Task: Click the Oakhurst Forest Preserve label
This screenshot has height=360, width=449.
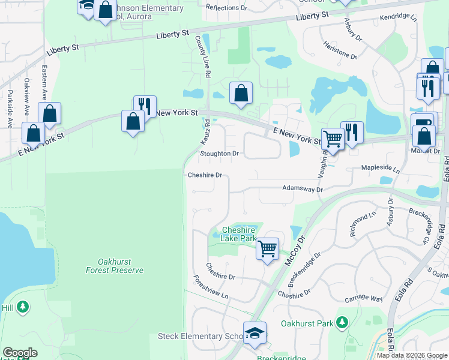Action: pos(121,266)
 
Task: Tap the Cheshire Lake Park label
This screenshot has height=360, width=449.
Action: pos(239,234)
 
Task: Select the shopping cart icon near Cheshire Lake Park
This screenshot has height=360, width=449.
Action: pos(267,247)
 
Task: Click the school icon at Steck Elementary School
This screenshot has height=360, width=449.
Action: pos(255,333)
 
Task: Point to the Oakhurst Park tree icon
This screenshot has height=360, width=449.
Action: pos(342,323)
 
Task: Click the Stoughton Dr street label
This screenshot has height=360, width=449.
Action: pos(219,154)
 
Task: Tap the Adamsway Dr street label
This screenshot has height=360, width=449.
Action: pos(303,189)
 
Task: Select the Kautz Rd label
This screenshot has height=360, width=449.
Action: pos(205,131)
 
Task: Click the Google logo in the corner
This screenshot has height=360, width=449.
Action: pos(20,353)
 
